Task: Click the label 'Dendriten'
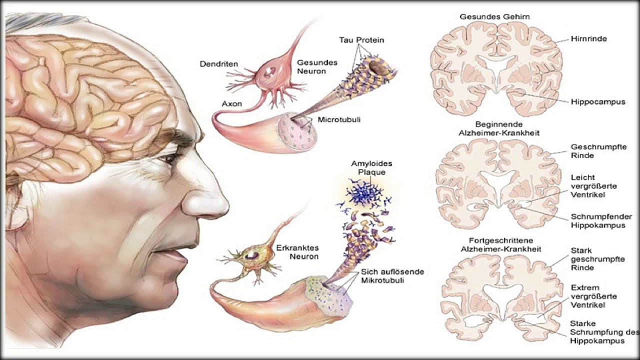pyautogui.click(x=218, y=64)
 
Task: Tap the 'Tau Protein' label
pyautogui.click(x=361, y=40)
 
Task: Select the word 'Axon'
pyautogui.click(x=232, y=104)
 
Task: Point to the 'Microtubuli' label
pyautogui.click(x=338, y=120)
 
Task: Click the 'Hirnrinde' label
pyautogui.click(x=588, y=38)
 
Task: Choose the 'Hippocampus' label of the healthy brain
pyautogui.click(x=597, y=102)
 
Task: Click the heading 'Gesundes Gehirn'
pyautogui.click(x=494, y=17)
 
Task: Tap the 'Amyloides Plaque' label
pyautogui.click(x=371, y=168)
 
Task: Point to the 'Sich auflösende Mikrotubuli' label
pyautogui.click(x=392, y=276)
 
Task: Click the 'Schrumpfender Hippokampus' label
pyautogui.click(x=601, y=221)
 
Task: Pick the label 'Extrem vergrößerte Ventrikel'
pyautogui.click(x=593, y=296)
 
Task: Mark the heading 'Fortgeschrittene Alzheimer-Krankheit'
pyautogui.click(x=504, y=244)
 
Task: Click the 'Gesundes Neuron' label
pyautogui.click(x=317, y=67)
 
